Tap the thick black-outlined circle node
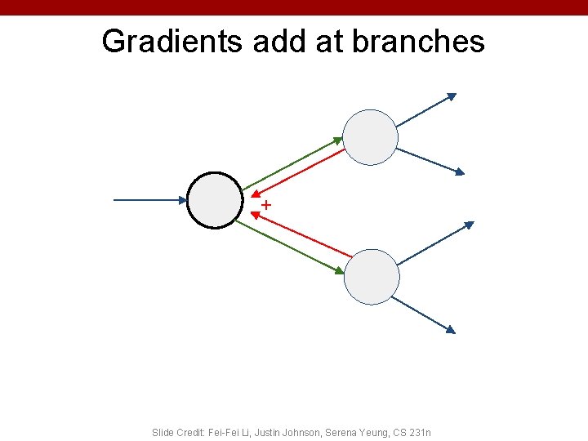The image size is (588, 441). [215, 200]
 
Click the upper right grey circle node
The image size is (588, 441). [370, 137]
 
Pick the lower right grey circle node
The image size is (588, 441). [372, 277]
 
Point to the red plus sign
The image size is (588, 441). [266, 204]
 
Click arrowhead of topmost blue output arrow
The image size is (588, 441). [451, 97]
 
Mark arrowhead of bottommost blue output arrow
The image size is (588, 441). [450, 329]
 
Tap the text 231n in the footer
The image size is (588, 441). [421, 432]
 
